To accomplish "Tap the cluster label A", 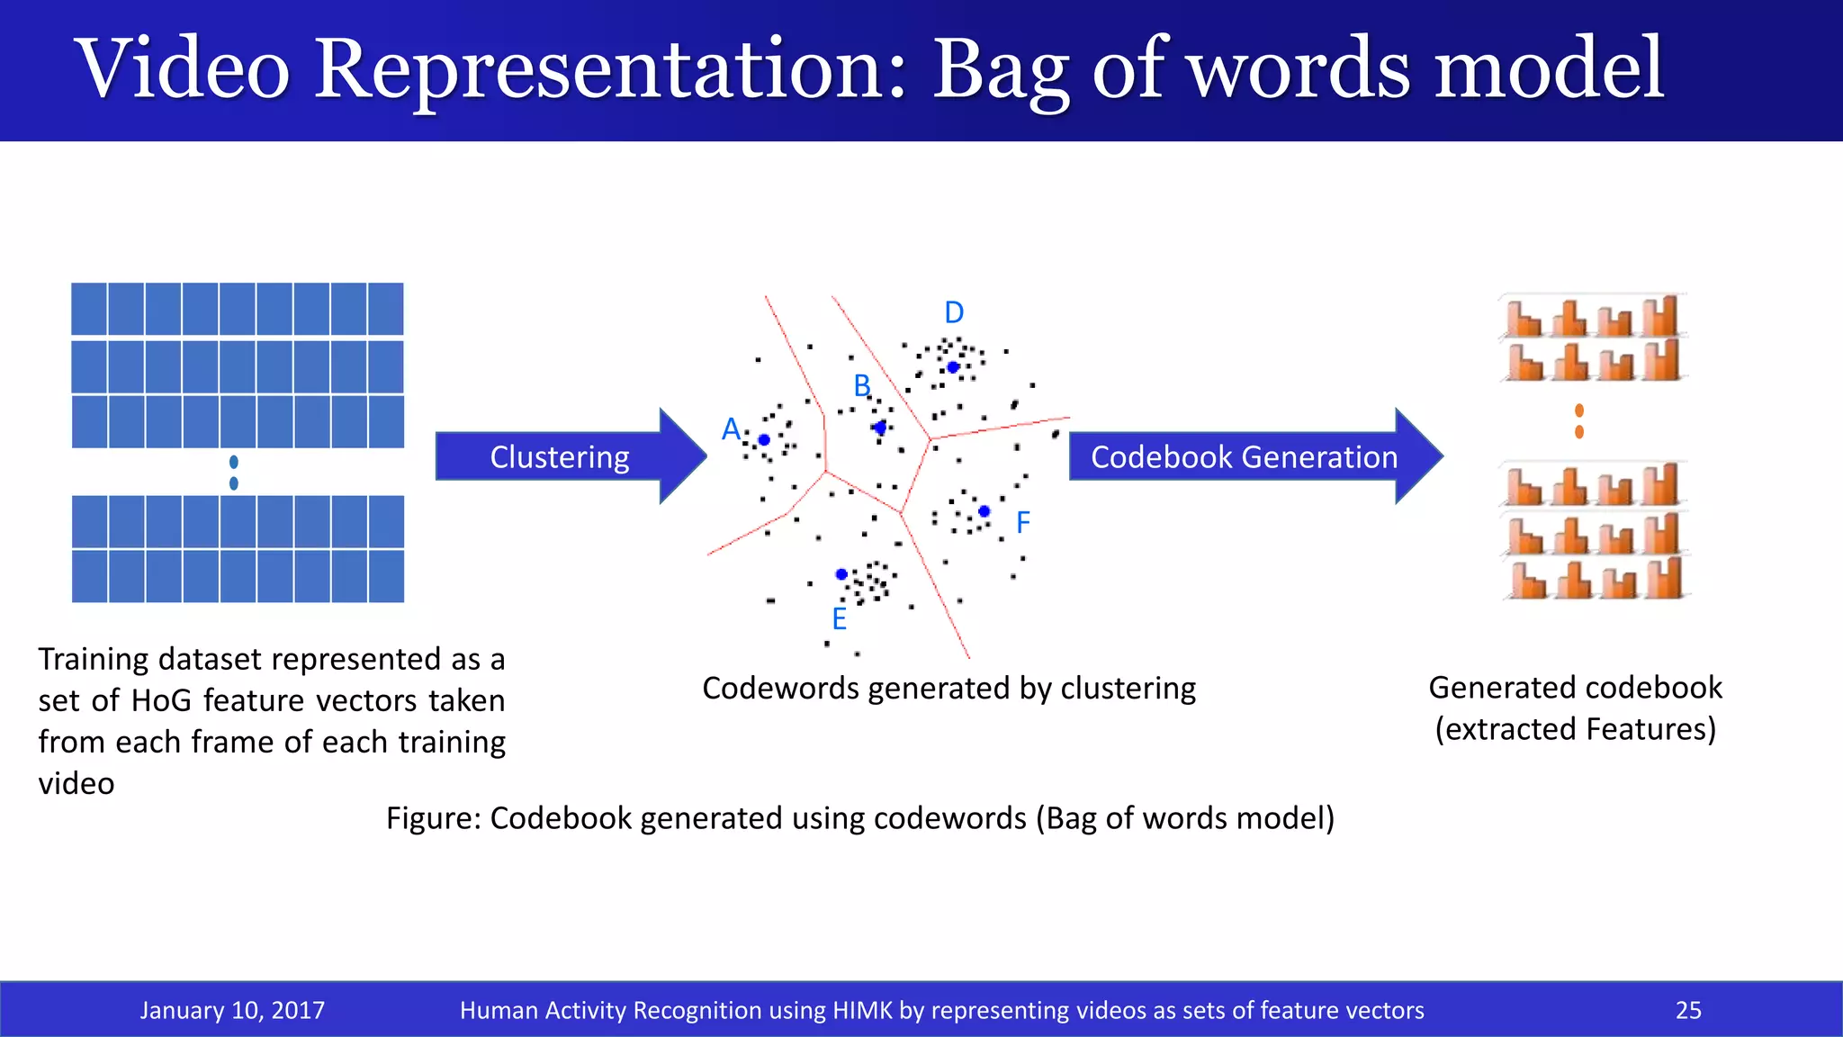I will (731, 428).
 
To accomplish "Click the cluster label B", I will (862, 386).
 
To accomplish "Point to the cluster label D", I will (954, 312).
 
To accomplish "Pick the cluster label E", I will (839, 619).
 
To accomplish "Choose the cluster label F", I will (1022, 522).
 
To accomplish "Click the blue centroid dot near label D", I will (953, 367).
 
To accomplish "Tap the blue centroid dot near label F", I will (984, 511).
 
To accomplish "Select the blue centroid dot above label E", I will (841, 574).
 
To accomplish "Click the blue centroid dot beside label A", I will (764, 440).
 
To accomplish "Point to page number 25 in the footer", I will (1688, 1010).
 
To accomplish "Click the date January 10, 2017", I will (232, 1010).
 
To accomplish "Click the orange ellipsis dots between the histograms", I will (1579, 421).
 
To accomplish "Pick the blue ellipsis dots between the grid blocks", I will (234, 473).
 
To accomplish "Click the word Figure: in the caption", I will (434, 818).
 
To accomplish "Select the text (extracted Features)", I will (1575, 729).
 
